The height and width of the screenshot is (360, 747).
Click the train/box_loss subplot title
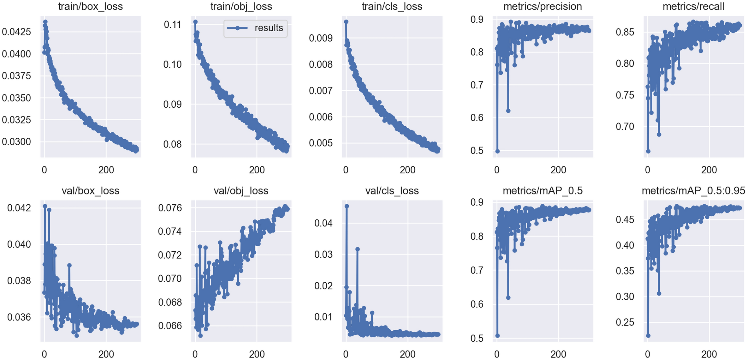(x=90, y=6)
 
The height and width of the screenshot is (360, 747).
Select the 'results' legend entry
(x=256, y=28)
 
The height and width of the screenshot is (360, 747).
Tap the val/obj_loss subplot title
(x=241, y=191)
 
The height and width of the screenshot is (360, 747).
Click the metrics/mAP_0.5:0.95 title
(x=693, y=191)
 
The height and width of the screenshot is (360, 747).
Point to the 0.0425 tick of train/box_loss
(x=16, y=32)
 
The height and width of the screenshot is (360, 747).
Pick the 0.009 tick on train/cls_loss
(x=321, y=38)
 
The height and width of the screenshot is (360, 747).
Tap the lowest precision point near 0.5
(x=497, y=151)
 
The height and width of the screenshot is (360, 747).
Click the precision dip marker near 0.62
(x=508, y=111)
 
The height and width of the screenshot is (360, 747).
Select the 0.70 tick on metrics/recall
(x=625, y=127)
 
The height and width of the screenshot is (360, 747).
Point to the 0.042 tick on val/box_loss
(x=19, y=208)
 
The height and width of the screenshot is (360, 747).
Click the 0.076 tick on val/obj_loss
(x=170, y=208)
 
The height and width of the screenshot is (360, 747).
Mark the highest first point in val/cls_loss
(x=347, y=206)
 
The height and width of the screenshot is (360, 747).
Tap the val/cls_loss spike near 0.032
(x=357, y=249)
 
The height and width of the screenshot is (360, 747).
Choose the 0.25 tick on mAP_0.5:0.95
(x=625, y=322)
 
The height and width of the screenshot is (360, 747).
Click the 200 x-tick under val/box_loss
(x=106, y=354)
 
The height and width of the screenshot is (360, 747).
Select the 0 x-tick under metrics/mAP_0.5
(x=497, y=354)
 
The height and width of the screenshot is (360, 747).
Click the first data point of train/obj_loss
(x=195, y=22)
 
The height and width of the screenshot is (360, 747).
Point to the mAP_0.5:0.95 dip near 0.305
(x=659, y=294)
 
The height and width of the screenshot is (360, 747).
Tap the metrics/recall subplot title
(x=693, y=6)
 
